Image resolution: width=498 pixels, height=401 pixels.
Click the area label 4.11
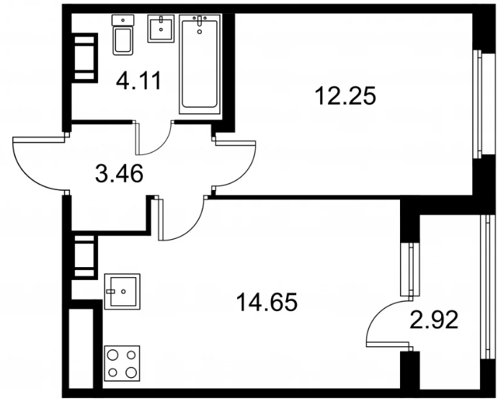coord(139,81)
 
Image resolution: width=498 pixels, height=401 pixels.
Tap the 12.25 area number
coord(345,96)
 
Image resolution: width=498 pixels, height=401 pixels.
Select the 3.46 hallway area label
coord(119,174)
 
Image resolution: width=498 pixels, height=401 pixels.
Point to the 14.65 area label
coord(267,302)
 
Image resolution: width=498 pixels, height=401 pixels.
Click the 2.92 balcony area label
coord(434,320)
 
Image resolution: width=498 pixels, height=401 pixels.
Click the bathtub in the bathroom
coord(200,64)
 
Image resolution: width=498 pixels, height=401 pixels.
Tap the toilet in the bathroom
coord(123,35)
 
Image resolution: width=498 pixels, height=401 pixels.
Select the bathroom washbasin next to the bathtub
coord(161,28)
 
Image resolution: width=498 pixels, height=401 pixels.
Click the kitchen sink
coord(123,292)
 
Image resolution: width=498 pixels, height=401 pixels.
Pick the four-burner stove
coord(123,364)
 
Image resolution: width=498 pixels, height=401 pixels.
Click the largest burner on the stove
coord(130,371)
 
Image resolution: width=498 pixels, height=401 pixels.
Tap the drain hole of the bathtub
coord(200,31)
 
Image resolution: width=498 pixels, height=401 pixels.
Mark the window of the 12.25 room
coord(477,104)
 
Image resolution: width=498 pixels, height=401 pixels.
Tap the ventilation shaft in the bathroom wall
coord(84,58)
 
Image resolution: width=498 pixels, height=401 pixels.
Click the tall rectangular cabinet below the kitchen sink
coord(81,348)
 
